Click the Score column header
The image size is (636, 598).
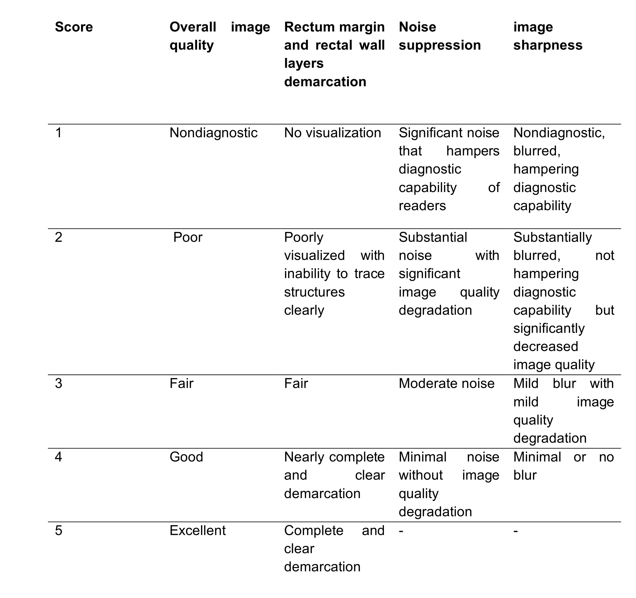74,27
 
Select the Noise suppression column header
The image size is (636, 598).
440,36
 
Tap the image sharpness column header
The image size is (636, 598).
548,36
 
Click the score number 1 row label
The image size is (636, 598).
59,133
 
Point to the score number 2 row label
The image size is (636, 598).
59,238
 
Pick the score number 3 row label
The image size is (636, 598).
59,384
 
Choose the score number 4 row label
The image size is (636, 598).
59,457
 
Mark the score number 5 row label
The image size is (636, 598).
59,531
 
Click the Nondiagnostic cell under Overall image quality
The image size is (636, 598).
213,133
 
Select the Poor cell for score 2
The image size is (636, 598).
188,238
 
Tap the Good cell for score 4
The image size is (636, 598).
186,457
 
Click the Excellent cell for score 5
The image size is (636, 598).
197,531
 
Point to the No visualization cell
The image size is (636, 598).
332,133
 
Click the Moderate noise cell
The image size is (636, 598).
446,384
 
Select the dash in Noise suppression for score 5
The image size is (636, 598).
401,531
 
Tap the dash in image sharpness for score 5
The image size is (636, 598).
516,531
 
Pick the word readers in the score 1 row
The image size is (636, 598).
422,206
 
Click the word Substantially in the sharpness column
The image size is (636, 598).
552,238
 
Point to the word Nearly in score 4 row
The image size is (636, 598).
304,457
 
